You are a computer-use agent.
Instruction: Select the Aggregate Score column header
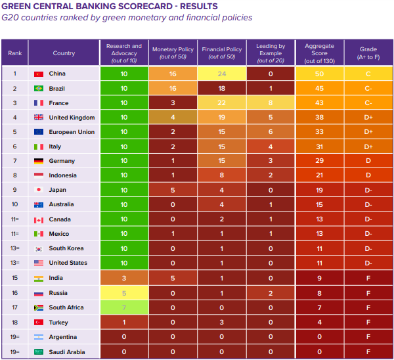pyautogui.click(x=320, y=53)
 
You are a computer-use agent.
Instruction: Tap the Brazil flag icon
pyautogui.click(x=38, y=89)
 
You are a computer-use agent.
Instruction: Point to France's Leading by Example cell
pyautogui.click(x=270, y=103)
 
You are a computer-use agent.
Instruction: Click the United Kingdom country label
pyautogui.click(x=72, y=118)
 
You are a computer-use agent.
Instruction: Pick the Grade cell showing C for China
pyautogui.click(x=368, y=74)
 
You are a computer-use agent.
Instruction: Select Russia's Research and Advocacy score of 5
pyautogui.click(x=123, y=293)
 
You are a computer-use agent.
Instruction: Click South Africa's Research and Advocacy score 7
pyautogui.click(x=123, y=307)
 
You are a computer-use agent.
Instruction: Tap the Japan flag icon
pyautogui.click(x=38, y=190)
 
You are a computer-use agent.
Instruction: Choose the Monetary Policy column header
pyautogui.click(x=173, y=53)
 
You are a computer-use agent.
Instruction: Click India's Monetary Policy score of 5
pyautogui.click(x=173, y=278)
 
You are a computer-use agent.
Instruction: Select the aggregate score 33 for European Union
pyautogui.click(x=320, y=132)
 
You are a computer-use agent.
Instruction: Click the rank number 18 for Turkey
pyautogui.click(x=14, y=322)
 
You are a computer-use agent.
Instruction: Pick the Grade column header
pyautogui.click(x=368, y=53)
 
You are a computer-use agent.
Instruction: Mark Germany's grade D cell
pyautogui.click(x=368, y=161)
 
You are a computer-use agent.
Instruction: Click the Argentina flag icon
pyautogui.click(x=38, y=337)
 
